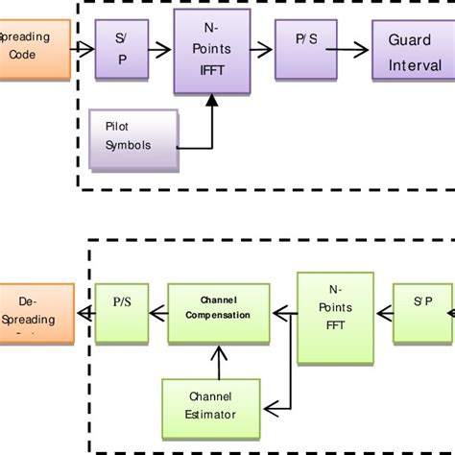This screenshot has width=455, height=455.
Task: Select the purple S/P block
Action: click(121, 49)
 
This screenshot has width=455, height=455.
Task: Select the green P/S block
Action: click(121, 313)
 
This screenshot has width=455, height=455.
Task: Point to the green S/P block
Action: click(423, 313)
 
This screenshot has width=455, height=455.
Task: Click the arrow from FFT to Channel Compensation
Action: click(284, 313)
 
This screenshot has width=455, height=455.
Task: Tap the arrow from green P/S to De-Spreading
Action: click(84, 313)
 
